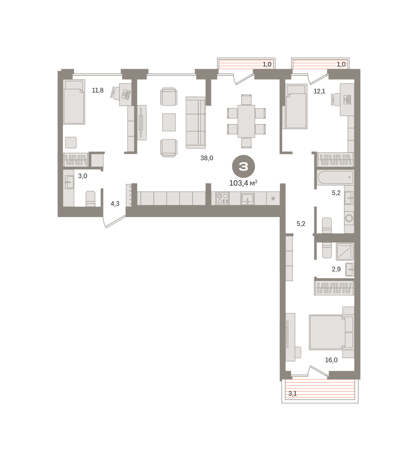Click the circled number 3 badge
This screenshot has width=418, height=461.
coord(243,166)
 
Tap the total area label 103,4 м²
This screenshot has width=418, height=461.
coord(243,183)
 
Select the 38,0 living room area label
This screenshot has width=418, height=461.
coord(207,158)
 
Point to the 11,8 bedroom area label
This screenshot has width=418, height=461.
coord(97,90)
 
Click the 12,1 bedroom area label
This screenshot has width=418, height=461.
coord(319,91)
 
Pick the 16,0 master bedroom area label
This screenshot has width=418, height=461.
coord(331,360)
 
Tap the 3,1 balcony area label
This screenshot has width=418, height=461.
coord(293,394)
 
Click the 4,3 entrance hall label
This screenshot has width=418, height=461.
coord(115,204)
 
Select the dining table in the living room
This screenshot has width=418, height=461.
coord(246,121)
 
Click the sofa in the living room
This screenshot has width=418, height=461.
coord(196,123)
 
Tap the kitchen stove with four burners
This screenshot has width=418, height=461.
coord(222,199)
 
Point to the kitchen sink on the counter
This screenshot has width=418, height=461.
coord(248,198)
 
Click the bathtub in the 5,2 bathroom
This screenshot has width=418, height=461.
coord(335,177)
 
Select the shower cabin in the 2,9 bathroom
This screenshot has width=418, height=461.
coord(345,252)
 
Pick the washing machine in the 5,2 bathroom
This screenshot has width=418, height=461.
coord(349,218)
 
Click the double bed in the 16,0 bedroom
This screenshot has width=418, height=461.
coord(327,332)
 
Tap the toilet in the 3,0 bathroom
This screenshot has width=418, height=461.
coord(91,199)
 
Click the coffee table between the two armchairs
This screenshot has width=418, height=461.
coord(169,122)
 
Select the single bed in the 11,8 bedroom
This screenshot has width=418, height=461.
coord(74,102)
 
